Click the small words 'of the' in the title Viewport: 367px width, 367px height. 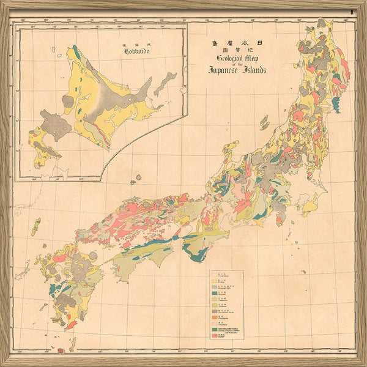(x=240, y=64)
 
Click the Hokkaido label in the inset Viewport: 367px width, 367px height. (x=127, y=52)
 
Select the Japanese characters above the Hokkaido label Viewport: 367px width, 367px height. (x=127, y=45)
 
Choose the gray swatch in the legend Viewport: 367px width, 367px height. (x=215, y=312)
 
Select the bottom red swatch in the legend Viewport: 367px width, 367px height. (x=215, y=336)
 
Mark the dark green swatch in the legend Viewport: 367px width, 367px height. (x=215, y=330)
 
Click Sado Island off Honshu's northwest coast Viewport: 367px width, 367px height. (x=264, y=122)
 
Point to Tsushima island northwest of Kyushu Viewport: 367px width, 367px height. (x=36, y=226)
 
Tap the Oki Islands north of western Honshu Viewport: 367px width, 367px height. (x=136, y=179)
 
